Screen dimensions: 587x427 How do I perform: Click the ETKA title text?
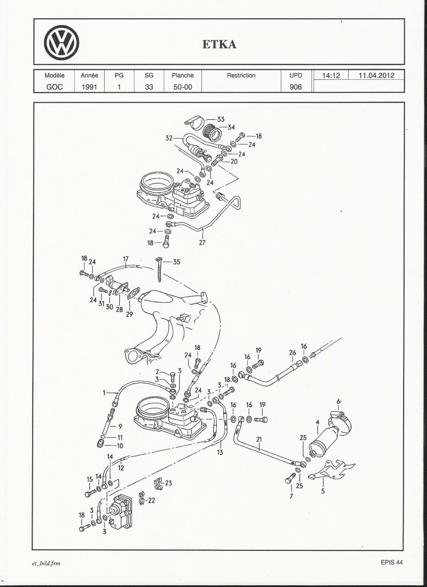coord(219,44)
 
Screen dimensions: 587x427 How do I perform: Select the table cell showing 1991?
coord(89,87)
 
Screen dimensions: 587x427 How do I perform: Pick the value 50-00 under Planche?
coord(183,87)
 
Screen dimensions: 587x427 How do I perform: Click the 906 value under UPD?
coord(296,87)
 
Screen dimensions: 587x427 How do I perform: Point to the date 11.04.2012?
coord(376,75)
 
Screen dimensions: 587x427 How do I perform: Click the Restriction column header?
coord(241,75)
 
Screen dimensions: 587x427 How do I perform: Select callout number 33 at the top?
coord(220,119)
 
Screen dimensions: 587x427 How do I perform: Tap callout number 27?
coord(202,243)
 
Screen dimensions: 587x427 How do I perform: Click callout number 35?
coord(176,262)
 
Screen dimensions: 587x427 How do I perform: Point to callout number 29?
coord(129,315)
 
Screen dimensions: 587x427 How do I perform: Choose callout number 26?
coord(293,353)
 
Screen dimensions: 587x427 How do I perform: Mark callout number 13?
coord(220,452)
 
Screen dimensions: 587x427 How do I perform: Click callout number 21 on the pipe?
coord(259,439)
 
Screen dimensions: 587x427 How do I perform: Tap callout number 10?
coord(120,445)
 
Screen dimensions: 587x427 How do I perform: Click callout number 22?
coord(151,500)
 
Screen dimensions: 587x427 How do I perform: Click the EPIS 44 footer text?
coord(391,563)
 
